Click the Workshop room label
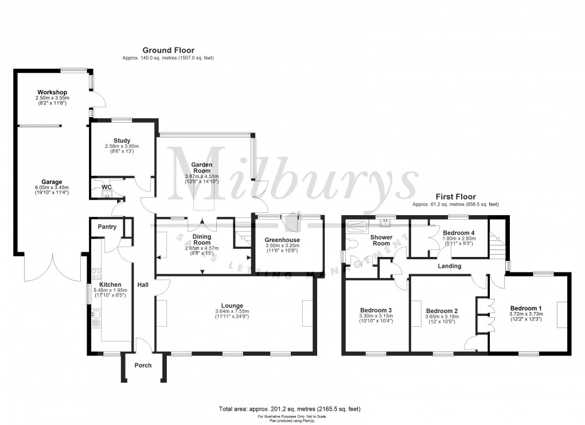pyautogui.click(x=52, y=92)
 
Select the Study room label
pyautogui.click(x=122, y=141)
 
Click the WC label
pyautogui.click(x=107, y=187)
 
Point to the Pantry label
pyautogui.click(x=107, y=227)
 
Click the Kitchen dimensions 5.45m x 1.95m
pyautogui.click(x=110, y=290)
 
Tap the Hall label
pyautogui.click(x=143, y=284)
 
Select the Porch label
pyautogui.click(x=143, y=365)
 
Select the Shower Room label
pyautogui.click(x=381, y=240)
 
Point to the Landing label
pyautogui.click(x=449, y=266)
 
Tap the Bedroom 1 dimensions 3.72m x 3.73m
pyautogui.click(x=525, y=314)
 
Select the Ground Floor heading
pyautogui.click(x=168, y=50)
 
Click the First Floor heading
pyautogui.click(x=455, y=197)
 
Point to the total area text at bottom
pyautogui.click(x=289, y=408)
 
